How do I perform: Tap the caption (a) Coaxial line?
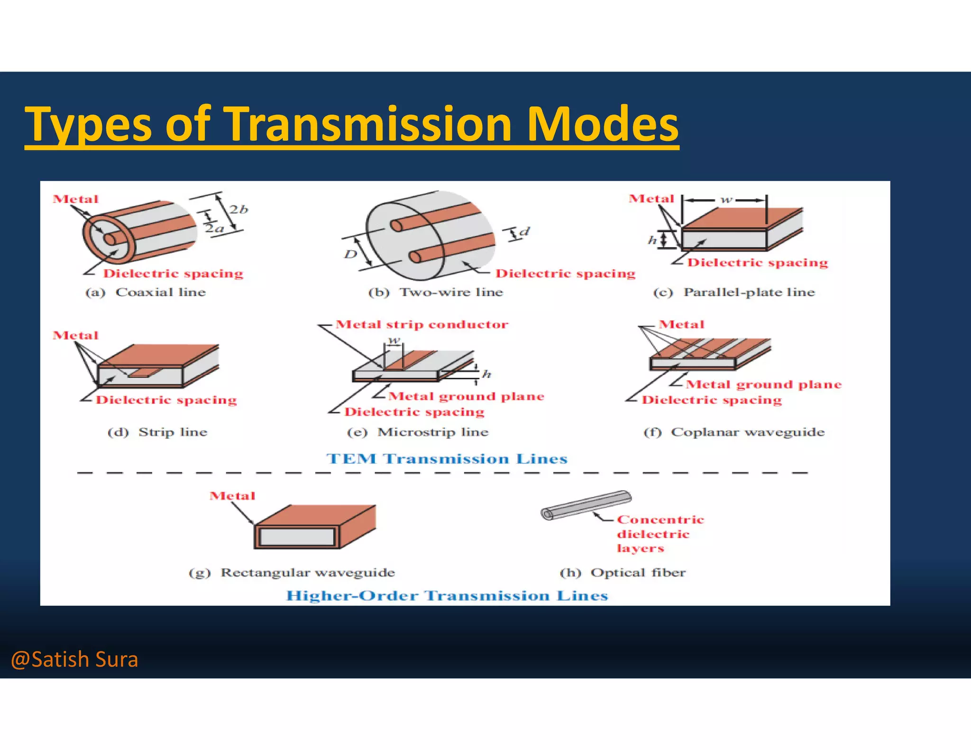pos(146,292)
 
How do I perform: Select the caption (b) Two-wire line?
pos(436,292)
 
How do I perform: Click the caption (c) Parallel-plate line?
pos(734,292)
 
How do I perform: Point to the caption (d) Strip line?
pos(157,432)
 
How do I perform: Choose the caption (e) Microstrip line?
pos(418,432)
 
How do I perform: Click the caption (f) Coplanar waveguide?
pos(734,432)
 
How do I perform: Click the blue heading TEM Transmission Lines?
pos(447,458)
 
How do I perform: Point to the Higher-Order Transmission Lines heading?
pos(447,595)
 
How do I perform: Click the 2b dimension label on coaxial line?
pos(238,210)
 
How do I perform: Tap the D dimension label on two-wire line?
pos(350,255)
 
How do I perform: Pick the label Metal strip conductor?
pos(421,324)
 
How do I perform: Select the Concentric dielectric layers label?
pos(659,534)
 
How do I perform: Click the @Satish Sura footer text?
pos(74,659)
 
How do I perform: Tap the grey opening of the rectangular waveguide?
pos(297,537)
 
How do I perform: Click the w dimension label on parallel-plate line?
pos(726,200)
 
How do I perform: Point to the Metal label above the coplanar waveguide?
pos(681,324)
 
